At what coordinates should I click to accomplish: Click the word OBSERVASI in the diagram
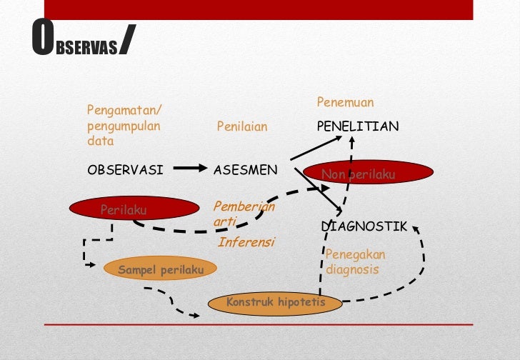[x=125, y=170]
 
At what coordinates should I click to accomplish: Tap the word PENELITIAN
[x=358, y=126]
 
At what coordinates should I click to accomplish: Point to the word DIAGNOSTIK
[x=364, y=226]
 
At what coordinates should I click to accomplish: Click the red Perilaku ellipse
[x=134, y=209]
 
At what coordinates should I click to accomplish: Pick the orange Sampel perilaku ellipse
[x=161, y=269]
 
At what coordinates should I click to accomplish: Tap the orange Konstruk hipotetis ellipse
[x=275, y=303]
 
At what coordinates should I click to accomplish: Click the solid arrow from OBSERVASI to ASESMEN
[x=189, y=169]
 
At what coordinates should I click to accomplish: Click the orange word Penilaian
[x=242, y=127]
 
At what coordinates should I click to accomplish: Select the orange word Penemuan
[x=345, y=103]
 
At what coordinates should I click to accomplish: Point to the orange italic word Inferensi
[x=246, y=241]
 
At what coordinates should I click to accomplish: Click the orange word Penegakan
[x=354, y=255]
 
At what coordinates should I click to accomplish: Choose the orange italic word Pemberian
[x=244, y=206]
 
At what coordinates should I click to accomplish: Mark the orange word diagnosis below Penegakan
[x=352, y=270]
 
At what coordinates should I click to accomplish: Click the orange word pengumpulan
[x=124, y=126]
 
